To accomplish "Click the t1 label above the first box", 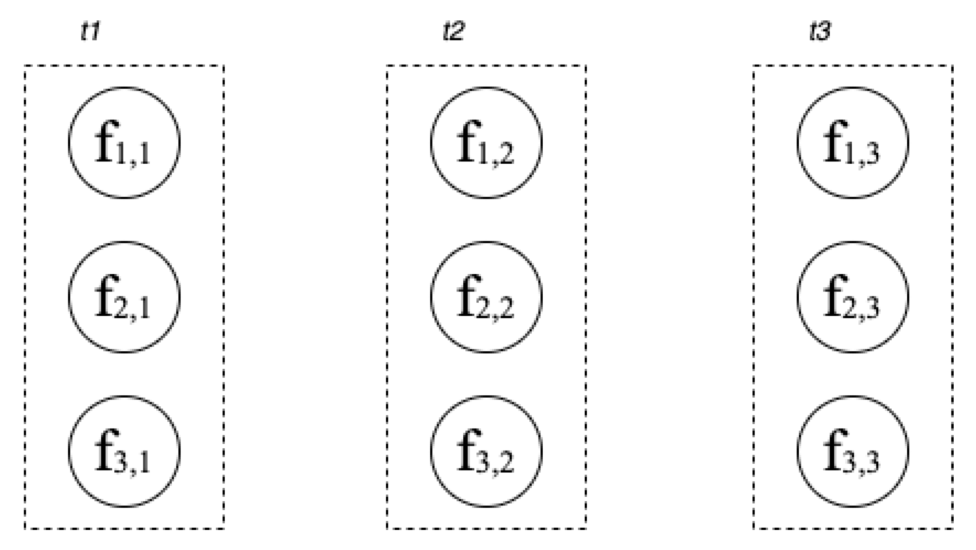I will tap(90, 31).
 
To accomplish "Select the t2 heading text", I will tap(453, 31).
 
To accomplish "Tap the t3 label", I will tap(820, 31).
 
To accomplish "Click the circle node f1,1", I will tap(124, 143).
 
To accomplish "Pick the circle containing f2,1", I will tap(124, 297).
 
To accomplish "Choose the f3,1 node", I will tap(124, 451).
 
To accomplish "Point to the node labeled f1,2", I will tap(486, 143).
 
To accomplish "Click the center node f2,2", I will tap(486, 297).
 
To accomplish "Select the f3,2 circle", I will tap(486, 451).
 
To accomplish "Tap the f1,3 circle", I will tap(853, 143).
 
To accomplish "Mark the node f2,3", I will tap(853, 297).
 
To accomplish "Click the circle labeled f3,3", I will tap(853, 451).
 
